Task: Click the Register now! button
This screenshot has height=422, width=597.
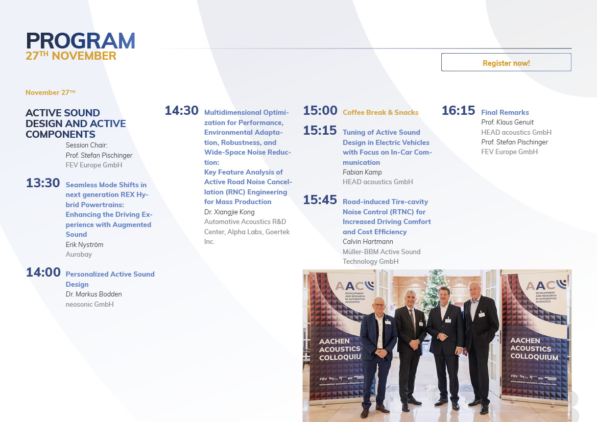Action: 506,62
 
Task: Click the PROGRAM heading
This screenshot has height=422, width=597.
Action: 81,41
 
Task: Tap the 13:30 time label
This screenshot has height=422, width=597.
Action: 43,183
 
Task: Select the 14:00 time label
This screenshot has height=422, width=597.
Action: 43,272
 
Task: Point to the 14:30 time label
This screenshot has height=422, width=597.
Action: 181,111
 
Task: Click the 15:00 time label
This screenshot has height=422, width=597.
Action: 320,111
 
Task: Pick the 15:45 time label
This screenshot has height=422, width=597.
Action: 320,200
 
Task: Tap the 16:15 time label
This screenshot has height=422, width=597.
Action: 459,111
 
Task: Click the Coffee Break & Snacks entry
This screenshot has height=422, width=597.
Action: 380,112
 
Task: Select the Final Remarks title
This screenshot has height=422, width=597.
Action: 505,112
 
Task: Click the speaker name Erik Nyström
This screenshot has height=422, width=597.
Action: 84,244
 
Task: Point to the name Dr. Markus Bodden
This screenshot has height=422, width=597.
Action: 93,294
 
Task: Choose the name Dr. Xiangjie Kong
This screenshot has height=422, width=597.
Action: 229,212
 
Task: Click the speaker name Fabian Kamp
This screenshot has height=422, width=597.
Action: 362,172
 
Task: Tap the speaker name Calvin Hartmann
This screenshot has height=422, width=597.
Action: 368,242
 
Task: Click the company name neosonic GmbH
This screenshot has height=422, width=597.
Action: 89,304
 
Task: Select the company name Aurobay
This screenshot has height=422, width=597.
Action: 79,254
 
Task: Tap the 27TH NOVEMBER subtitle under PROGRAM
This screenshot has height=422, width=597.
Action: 71,56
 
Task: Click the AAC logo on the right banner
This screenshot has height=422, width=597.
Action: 545,285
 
